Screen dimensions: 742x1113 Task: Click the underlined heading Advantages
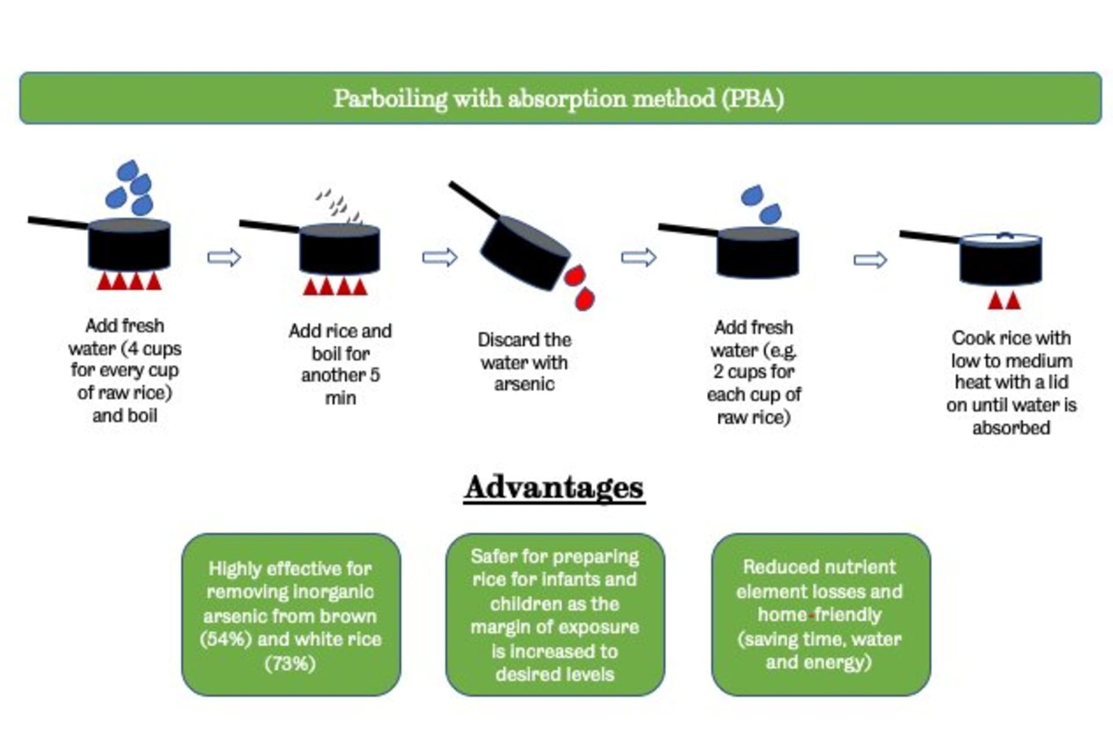pos(554,488)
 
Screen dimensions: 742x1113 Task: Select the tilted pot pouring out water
pos(525,252)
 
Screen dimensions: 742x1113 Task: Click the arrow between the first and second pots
pos(224,257)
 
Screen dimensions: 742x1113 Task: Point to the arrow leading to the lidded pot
pos(870,259)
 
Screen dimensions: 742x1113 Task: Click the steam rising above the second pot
pos(339,206)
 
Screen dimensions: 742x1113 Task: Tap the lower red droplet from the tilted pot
pos(584,300)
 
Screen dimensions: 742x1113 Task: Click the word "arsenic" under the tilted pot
pos(524,384)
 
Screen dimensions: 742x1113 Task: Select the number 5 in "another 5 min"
pos(374,375)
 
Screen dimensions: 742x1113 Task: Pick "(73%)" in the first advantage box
pos(290,663)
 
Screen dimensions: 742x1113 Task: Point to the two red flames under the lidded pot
pos(1005,300)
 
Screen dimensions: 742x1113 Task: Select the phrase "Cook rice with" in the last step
pos(1011,338)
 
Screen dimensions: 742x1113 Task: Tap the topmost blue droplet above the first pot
pos(128,170)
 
